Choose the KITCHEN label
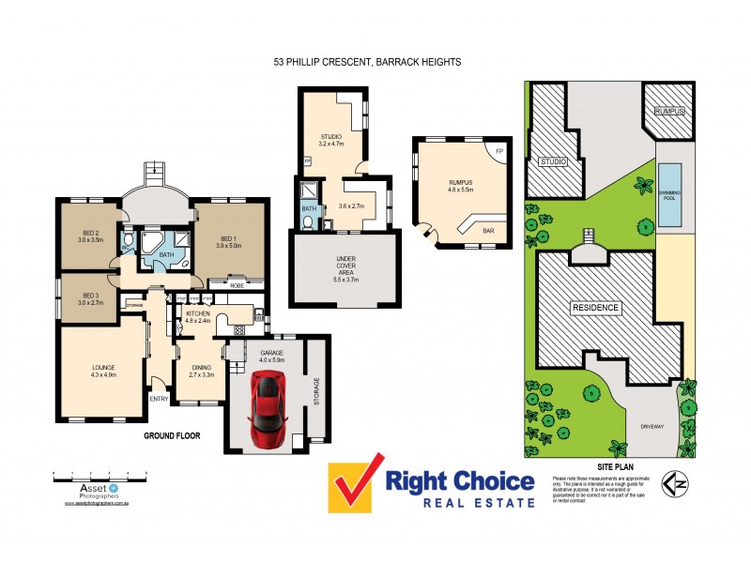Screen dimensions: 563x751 pos(198,316)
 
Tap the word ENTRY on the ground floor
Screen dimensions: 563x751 pos(161,400)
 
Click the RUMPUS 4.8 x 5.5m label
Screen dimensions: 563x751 pos(459,184)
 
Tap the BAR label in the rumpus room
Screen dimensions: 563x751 pos(488,230)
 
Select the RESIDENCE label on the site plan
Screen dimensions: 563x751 pos(595,308)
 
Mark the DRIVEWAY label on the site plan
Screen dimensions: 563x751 pos(651,427)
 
